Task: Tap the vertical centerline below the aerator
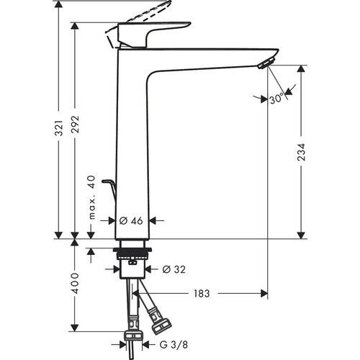[x=267, y=180]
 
